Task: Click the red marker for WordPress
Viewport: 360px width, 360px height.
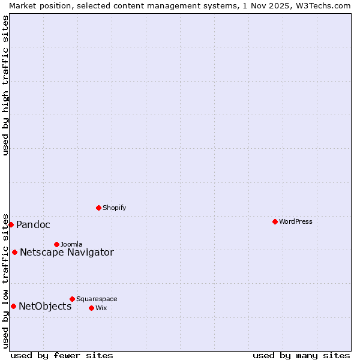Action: click(x=275, y=221)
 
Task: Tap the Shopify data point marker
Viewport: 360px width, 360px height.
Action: click(x=98, y=208)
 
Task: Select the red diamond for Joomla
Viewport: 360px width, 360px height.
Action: click(x=56, y=244)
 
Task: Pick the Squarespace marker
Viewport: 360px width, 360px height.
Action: click(x=72, y=299)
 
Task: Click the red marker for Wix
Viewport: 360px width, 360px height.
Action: click(x=91, y=308)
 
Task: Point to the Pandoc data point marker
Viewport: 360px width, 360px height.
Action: click(x=11, y=224)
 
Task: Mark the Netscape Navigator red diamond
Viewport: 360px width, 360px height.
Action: click(x=14, y=252)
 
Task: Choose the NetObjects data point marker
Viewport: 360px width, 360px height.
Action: click(x=13, y=306)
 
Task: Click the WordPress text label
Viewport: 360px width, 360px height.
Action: click(x=296, y=221)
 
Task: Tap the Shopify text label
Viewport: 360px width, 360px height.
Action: click(x=114, y=208)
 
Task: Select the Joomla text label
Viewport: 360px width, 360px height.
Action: click(x=71, y=244)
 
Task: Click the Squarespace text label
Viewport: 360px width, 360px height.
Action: click(x=97, y=299)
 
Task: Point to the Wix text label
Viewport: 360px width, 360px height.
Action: click(x=101, y=308)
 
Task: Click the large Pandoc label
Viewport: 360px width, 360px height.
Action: click(x=33, y=225)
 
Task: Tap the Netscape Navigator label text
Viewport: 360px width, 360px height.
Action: click(x=67, y=252)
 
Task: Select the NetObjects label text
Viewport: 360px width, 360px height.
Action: click(x=45, y=307)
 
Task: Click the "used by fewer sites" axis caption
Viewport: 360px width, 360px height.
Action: click(x=62, y=355)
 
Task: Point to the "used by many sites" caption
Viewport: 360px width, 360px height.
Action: click(x=301, y=355)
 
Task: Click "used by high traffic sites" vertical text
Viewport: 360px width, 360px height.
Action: click(x=5, y=85)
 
